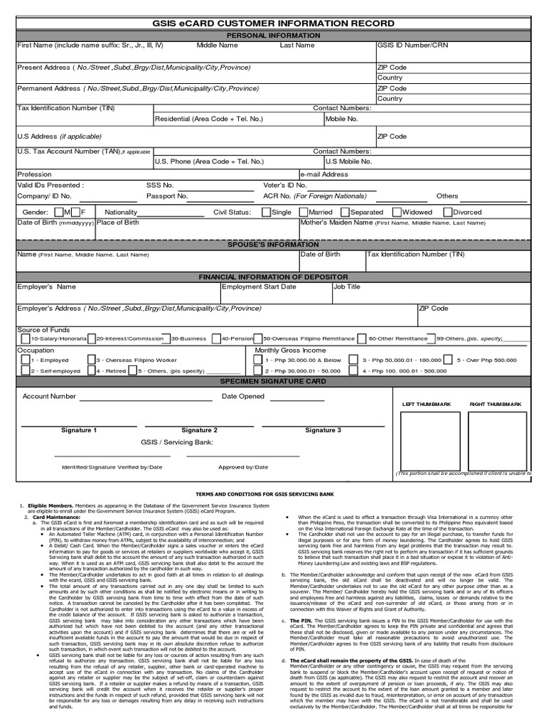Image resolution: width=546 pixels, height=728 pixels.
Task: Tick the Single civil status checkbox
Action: click(x=266, y=212)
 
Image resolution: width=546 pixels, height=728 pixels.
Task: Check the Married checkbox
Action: click(x=303, y=212)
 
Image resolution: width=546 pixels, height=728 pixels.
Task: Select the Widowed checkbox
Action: click(x=397, y=212)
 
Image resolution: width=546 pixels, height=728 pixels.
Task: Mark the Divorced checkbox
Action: click(x=448, y=212)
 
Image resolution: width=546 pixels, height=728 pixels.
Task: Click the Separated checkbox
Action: click(x=345, y=212)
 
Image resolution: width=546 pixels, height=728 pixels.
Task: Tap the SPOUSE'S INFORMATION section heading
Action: click(x=273, y=245)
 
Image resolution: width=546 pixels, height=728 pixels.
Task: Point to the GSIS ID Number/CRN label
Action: click(x=412, y=45)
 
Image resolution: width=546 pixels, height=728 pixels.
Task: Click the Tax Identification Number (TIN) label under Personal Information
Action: click(x=62, y=108)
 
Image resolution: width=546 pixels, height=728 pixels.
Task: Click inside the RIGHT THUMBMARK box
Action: click(x=495, y=439)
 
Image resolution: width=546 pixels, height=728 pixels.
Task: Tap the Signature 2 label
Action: click(x=199, y=430)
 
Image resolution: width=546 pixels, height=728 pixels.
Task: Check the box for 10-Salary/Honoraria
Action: click(x=26, y=339)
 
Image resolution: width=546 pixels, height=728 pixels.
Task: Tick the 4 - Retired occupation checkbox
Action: click(x=91, y=370)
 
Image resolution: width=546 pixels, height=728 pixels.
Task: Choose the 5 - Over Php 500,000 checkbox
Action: click(x=451, y=360)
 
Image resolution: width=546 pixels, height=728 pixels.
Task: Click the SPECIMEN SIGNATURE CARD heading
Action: click(x=273, y=381)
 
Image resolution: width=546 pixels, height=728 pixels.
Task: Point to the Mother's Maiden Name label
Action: click(x=336, y=223)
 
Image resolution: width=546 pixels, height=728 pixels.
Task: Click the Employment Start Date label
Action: click(x=259, y=287)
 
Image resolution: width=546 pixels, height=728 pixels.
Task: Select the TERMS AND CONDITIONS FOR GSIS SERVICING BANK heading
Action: click(x=273, y=493)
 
